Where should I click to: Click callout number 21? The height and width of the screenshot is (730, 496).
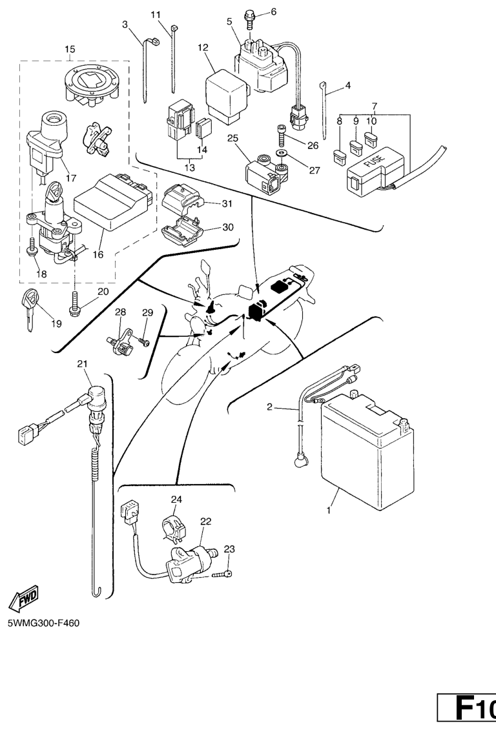tap(82, 365)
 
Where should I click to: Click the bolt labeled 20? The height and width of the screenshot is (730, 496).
tap(76, 299)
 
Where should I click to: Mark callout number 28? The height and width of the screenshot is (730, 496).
tap(121, 313)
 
